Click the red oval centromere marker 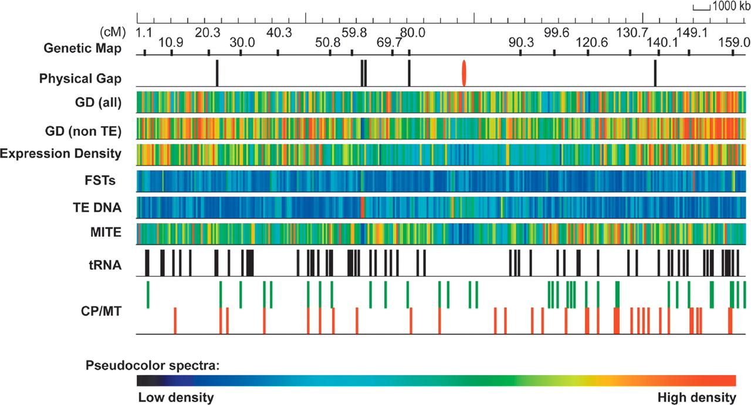click(x=464, y=73)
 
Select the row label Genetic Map click(x=83, y=48)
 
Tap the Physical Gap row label click(x=80, y=78)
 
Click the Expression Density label click(x=61, y=154)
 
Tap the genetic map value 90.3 click(x=521, y=42)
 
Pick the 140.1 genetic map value click(x=662, y=42)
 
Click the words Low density click(x=176, y=397)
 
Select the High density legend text click(x=696, y=397)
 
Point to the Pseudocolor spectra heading click(x=153, y=367)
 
